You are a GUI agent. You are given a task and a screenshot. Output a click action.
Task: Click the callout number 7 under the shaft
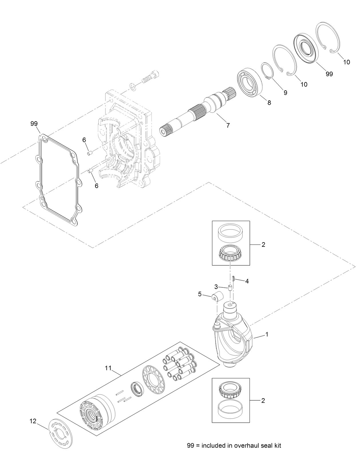[x=228, y=125]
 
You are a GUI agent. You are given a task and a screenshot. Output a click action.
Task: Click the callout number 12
[x=33, y=421]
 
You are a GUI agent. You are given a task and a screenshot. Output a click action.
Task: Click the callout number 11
[x=108, y=368]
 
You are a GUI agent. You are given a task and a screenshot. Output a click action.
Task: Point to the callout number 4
[x=247, y=281]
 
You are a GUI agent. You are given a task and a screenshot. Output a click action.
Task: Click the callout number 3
[x=216, y=287]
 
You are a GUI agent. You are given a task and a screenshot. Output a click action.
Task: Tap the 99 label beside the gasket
[x=34, y=124]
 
